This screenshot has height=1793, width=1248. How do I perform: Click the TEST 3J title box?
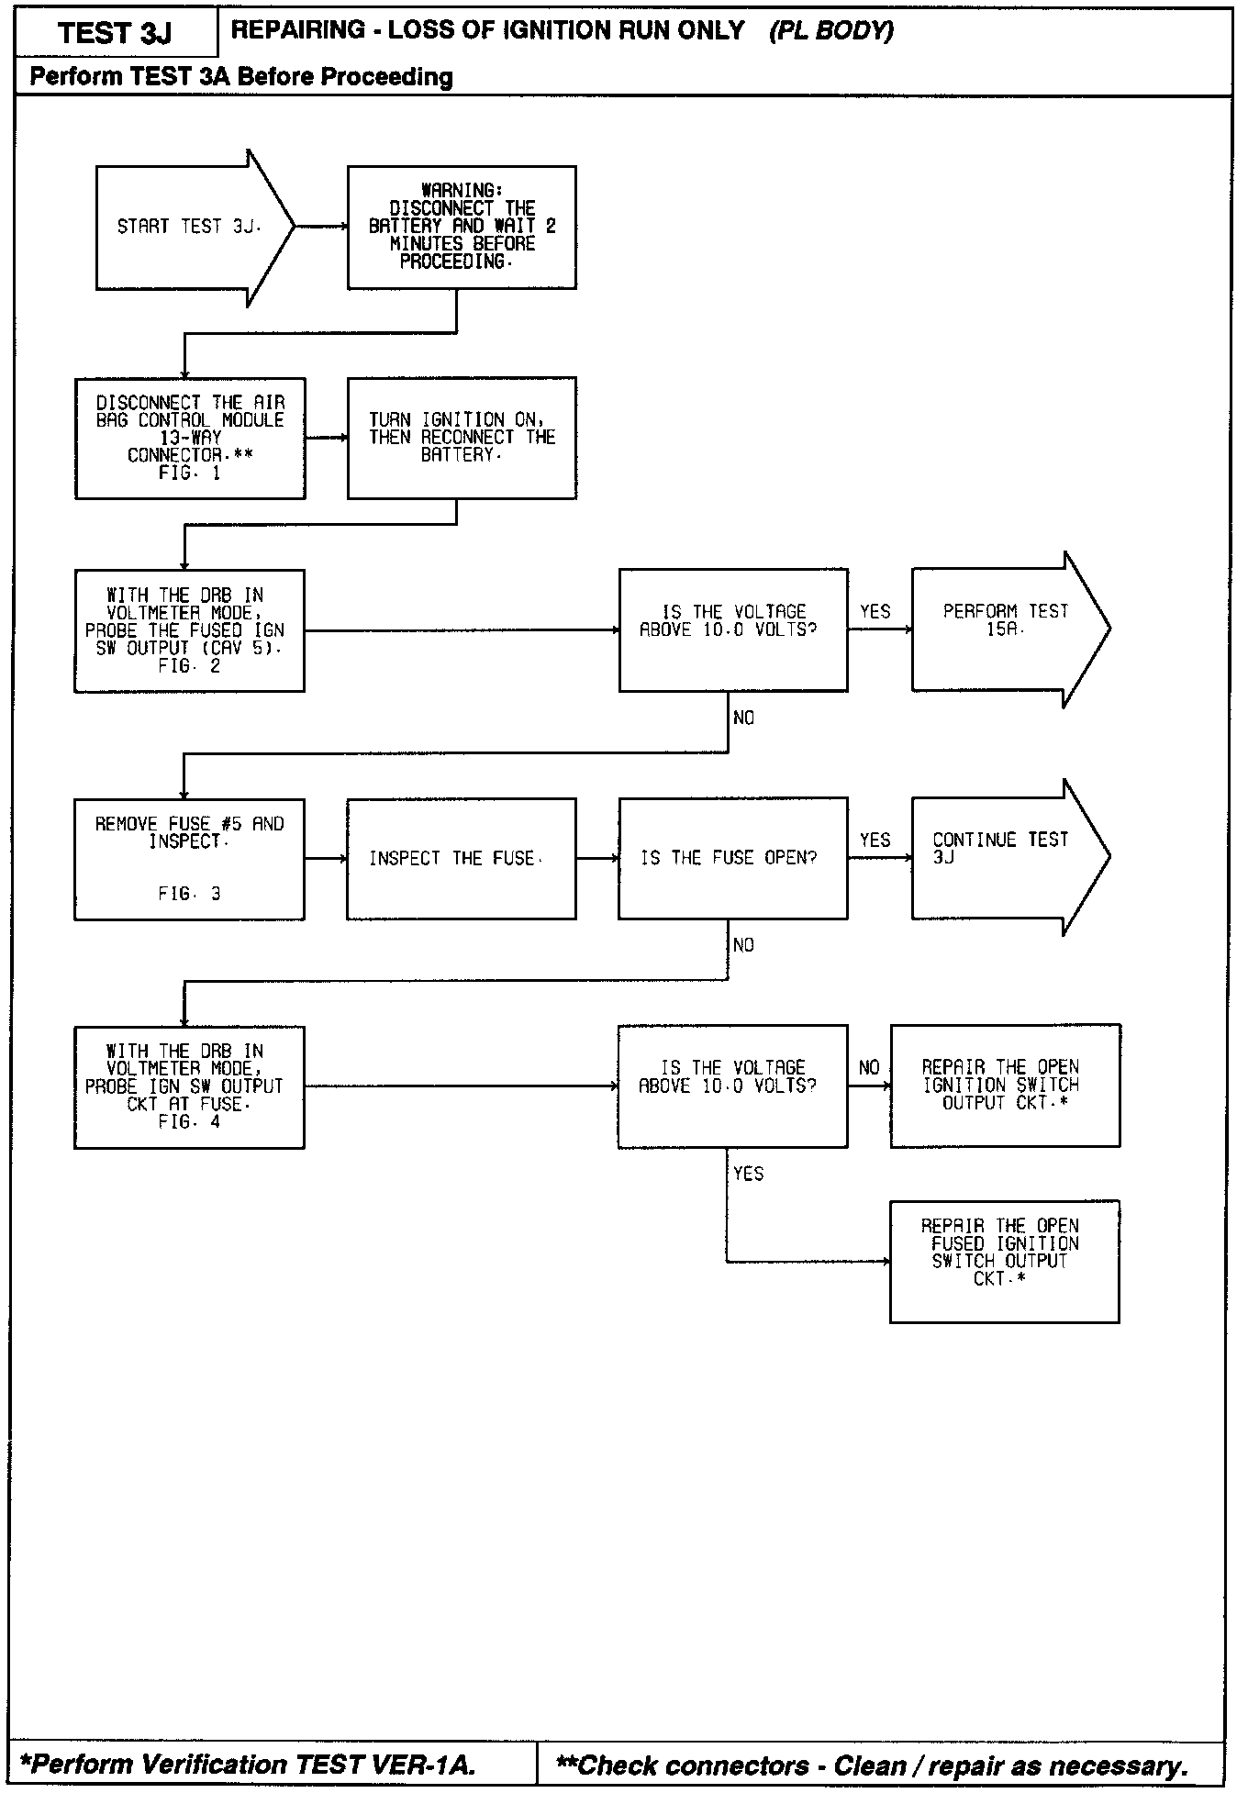click(x=116, y=34)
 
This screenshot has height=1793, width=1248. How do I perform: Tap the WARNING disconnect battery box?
click(x=462, y=227)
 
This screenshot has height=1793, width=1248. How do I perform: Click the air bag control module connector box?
click(x=190, y=438)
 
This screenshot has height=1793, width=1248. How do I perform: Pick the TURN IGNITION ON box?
click(x=462, y=438)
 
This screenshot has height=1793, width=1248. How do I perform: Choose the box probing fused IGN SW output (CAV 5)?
click(x=189, y=630)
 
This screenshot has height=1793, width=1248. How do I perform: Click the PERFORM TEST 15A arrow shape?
click(x=1005, y=629)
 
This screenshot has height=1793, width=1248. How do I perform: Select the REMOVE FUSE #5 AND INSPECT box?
click(x=189, y=858)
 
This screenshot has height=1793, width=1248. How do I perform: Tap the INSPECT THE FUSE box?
click(x=461, y=858)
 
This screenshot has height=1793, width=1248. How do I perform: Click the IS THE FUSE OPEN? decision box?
click(x=732, y=858)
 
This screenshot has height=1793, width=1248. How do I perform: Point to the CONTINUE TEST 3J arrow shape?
click(x=1000, y=857)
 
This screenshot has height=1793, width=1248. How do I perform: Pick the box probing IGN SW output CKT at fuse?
click(x=189, y=1086)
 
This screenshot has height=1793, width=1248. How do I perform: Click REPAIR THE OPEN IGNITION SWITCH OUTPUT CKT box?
click(x=1005, y=1086)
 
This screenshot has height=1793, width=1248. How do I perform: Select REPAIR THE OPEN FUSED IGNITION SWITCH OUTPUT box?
click(x=1004, y=1261)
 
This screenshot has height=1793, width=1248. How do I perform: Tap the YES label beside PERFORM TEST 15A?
click(x=875, y=612)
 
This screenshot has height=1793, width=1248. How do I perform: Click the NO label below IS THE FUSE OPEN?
click(x=743, y=945)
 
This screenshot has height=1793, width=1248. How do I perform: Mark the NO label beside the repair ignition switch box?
click(x=868, y=1067)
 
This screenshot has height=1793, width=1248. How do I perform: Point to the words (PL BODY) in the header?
click(x=830, y=31)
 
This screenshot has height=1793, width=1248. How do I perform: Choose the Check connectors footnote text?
click(x=872, y=1765)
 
